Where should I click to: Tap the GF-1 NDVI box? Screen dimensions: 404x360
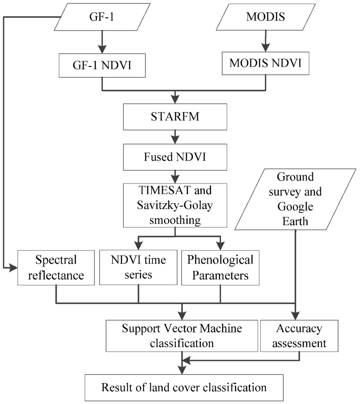click(102, 65)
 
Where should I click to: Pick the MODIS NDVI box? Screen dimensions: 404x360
click(265, 64)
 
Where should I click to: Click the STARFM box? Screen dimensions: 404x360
click(175, 118)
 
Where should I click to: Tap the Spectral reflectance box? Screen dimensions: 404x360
click(56, 267)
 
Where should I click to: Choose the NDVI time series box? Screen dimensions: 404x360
click(138, 267)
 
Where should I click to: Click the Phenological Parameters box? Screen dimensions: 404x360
click(220, 267)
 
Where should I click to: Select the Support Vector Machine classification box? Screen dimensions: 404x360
click(182, 335)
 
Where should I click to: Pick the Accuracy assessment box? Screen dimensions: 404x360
click(299, 335)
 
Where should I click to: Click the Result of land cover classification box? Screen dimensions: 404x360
click(184, 387)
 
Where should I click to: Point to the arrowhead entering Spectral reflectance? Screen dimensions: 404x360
click(14, 267)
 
